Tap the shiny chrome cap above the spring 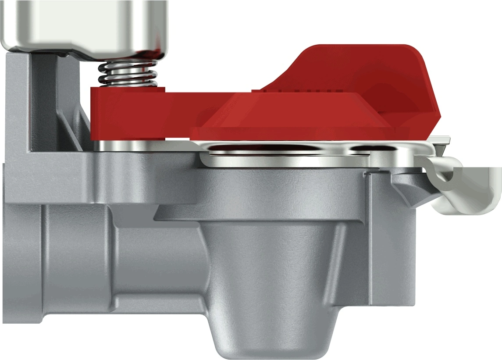(83, 24)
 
